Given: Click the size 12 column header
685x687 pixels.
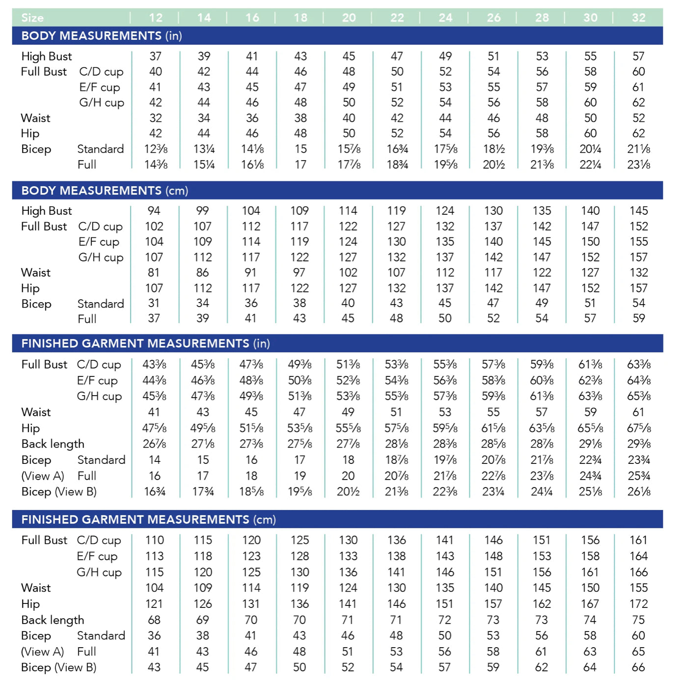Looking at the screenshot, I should (x=156, y=18).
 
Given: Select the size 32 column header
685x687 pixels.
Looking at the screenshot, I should (x=638, y=18).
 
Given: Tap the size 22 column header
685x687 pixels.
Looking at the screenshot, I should (x=397, y=18).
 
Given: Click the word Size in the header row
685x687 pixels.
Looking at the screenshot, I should (x=32, y=18).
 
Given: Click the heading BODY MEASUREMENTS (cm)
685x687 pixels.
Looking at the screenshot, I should (x=105, y=191).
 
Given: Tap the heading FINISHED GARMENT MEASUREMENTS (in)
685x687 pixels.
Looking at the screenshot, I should (x=145, y=343).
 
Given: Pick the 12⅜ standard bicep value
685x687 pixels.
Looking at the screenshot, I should (x=156, y=149).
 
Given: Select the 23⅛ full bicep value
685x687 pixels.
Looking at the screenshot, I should (x=638, y=165).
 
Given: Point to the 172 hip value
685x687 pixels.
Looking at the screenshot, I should (x=638, y=604).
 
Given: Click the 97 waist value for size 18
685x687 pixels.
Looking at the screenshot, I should (x=299, y=273).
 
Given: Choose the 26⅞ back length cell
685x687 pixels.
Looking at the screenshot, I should (x=154, y=444).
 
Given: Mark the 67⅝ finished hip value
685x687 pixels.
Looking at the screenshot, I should (x=638, y=428).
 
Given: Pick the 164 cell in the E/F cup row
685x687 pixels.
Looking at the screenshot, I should (x=638, y=556).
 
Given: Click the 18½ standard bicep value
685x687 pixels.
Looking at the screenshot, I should (x=493, y=149).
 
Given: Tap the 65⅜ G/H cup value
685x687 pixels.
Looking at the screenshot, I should (x=638, y=396).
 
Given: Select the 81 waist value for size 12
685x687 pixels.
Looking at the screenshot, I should (x=154, y=273).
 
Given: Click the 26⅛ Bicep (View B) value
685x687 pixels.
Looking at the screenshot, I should (x=638, y=492).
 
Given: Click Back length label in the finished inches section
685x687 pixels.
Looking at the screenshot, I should (x=53, y=444).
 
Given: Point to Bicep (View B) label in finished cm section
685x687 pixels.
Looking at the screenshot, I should (x=58, y=667).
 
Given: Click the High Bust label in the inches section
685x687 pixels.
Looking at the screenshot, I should (x=47, y=57).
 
